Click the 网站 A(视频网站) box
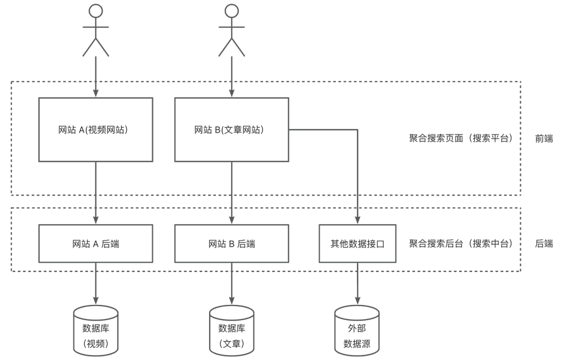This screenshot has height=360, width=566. tap(96, 129)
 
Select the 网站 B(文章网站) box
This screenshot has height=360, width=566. tap(231, 129)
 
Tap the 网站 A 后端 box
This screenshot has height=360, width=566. tap(96, 243)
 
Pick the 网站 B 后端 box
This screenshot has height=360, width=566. tap(231, 243)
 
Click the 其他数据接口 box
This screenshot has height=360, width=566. tap(358, 243)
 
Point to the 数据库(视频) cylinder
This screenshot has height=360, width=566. tap(96, 330)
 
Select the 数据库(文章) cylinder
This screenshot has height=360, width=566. tap(231, 330)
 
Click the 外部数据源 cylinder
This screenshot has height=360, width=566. tap(358, 330)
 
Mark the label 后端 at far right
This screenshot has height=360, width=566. tap(543, 243)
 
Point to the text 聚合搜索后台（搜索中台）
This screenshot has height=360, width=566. tap(460, 243)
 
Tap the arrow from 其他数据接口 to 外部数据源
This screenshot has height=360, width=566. tap(358, 283)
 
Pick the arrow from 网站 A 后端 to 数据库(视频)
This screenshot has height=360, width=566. tap(96, 283)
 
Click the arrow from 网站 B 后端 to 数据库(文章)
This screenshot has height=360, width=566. tap(231, 283)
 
